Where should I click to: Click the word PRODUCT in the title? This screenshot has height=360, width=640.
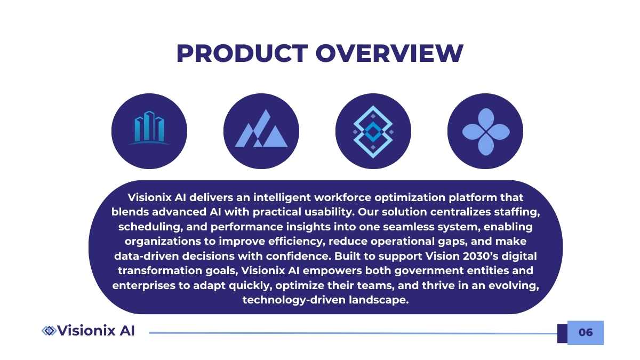(242, 53)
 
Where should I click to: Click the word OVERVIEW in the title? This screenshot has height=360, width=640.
(389, 53)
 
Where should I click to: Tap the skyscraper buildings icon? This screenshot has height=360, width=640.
(149, 127)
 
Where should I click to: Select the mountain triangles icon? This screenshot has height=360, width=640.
(261, 129)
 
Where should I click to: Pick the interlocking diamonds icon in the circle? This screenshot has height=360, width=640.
(373, 132)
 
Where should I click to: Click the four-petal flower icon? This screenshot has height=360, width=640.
(486, 132)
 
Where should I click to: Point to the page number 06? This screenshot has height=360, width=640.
(586, 332)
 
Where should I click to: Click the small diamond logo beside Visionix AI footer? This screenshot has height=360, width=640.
(49, 331)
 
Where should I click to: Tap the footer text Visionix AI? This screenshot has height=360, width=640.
(95, 331)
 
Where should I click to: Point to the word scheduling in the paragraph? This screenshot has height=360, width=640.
(150, 227)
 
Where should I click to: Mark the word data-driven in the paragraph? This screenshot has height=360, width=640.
(147, 256)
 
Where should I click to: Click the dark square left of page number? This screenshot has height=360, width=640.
(562, 333)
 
